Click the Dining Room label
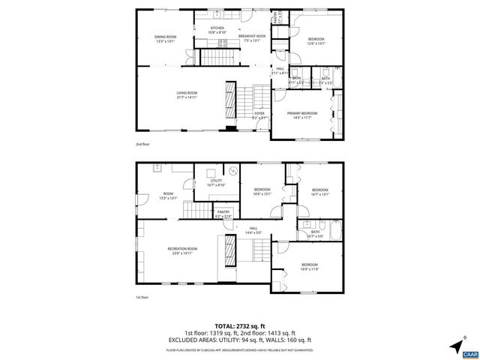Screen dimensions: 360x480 tap(166, 39)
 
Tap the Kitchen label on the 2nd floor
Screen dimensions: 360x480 tap(217, 30)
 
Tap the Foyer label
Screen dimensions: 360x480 tap(259, 115)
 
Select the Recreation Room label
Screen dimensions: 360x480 tap(181, 250)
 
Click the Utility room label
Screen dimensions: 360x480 tap(216, 183)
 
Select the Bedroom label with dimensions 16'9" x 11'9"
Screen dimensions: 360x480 tap(310, 267)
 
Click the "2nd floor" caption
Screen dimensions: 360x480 tap(142, 143)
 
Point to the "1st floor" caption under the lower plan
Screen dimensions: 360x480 tap(142, 297)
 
